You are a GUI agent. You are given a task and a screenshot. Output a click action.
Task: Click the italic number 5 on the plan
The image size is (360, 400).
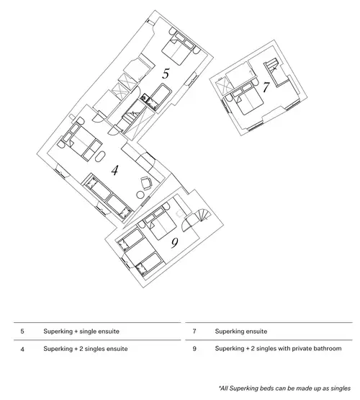[166, 74]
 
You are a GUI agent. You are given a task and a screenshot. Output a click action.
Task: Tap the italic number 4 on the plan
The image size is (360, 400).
[115, 170]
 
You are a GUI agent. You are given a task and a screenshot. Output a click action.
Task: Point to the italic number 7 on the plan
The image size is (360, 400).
[266, 87]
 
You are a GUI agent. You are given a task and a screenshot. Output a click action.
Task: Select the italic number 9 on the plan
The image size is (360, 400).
[174, 243]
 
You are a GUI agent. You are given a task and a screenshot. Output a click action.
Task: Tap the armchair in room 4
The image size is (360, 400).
[146, 183]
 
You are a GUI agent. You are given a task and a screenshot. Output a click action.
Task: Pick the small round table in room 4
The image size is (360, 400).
[140, 195]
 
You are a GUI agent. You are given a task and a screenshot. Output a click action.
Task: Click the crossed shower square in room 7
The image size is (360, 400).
[223, 87]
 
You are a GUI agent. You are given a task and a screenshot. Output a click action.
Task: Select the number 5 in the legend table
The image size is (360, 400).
[22, 332]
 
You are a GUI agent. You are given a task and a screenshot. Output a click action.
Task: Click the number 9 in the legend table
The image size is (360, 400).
[194, 349]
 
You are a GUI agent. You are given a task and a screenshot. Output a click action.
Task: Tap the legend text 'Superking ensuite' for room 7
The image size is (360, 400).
[241, 332]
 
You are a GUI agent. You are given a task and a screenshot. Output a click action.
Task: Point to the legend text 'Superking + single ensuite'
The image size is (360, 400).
[81, 332]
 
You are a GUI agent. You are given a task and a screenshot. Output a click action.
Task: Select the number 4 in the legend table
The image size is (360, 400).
[22, 349]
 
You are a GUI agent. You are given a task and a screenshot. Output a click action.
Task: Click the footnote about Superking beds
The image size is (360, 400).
[285, 388]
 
